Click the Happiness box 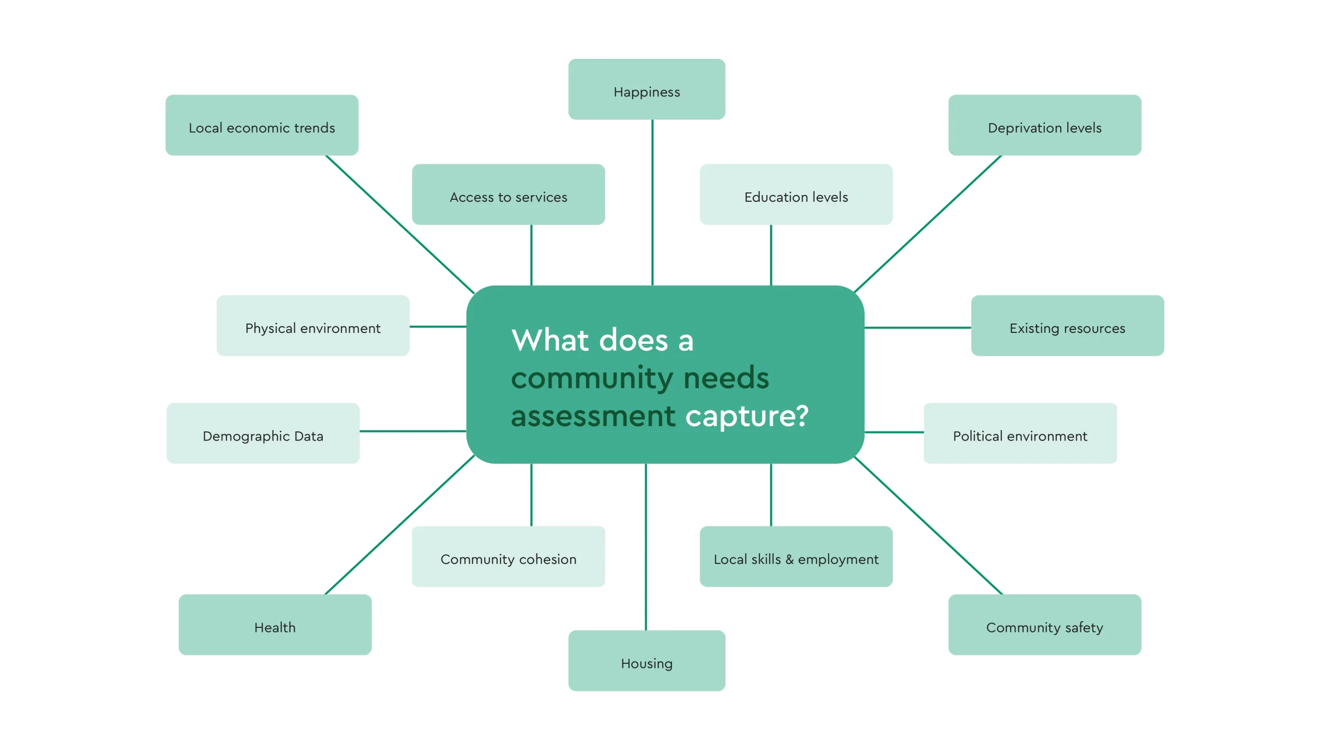[x=646, y=89]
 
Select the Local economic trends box [x=262, y=125]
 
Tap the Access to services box [x=508, y=195]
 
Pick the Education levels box [x=795, y=195]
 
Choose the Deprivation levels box [x=1044, y=125]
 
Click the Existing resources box [x=1067, y=326]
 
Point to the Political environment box [x=1020, y=433]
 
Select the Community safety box [x=1044, y=625]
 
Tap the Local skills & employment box [x=795, y=557]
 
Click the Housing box [x=646, y=661]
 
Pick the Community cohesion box [x=508, y=557]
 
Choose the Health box [x=275, y=625]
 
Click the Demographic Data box [x=263, y=433]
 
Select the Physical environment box [x=312, y=326]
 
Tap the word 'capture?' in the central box [x=747, y=416]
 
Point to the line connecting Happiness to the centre [x=653, y=203]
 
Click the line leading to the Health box [x=399, y=525]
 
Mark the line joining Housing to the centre [x=646, y=546]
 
